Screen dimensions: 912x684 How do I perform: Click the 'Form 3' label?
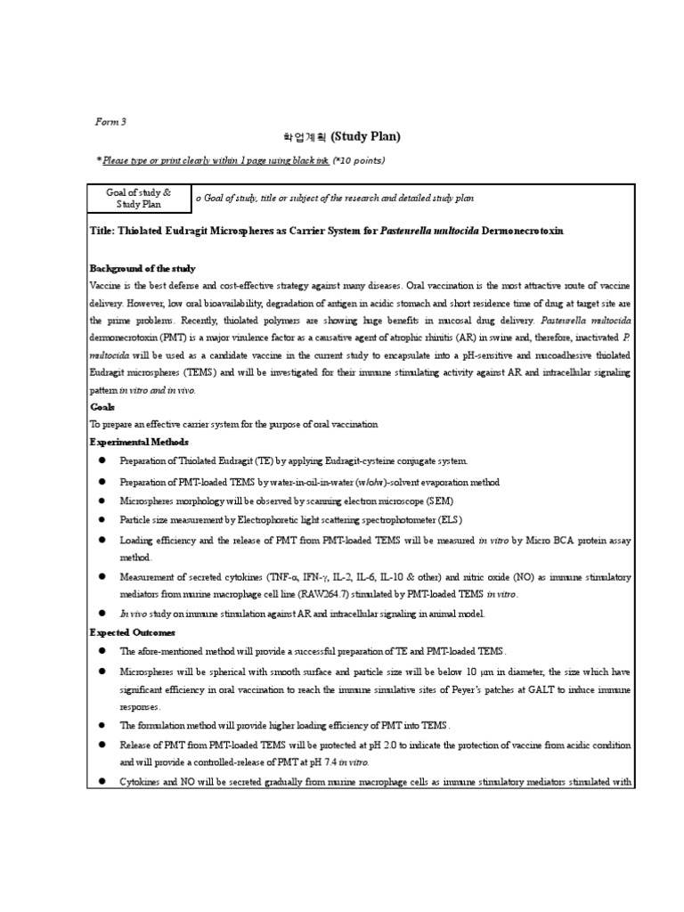110,121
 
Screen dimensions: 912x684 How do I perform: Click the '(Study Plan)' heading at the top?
365,136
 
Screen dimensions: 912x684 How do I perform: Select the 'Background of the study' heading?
142,268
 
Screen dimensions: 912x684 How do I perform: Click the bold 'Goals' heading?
102,407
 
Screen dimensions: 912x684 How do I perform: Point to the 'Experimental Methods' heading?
139,442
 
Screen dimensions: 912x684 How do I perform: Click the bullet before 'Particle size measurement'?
102,519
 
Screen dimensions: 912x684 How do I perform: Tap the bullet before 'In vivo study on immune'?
102,613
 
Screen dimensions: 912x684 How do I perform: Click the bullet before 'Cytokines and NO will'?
102,782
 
